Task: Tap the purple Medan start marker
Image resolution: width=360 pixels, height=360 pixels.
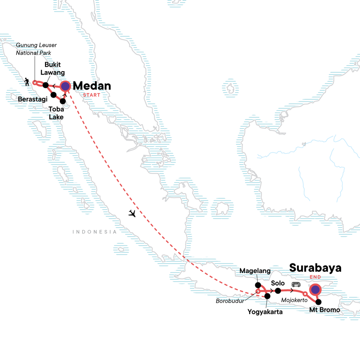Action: click(x=66, y=86)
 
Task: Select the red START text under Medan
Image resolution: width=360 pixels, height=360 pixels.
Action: click(x=91, y=95)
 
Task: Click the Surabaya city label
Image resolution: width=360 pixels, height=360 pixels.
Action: click(x=315, y=268)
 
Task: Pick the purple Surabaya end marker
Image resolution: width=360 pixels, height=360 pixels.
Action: click(x=315, y=289)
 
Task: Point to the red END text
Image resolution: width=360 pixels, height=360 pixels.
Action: click(x=315, y=278)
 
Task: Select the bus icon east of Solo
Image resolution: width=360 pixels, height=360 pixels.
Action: click(x=296, y=285)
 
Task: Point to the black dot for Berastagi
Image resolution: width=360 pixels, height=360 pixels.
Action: click(x=54, y=95)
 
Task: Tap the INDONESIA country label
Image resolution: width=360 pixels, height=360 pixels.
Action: click(x=94, y=232)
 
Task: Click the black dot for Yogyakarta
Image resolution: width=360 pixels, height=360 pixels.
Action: click(x=267, y=296)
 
